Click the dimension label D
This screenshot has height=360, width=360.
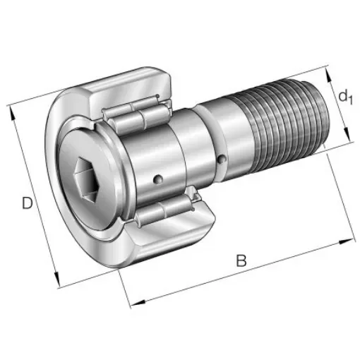pos(27,204)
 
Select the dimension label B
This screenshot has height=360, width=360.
pos(241,260)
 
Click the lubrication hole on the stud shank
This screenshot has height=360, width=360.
pos(223,159)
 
